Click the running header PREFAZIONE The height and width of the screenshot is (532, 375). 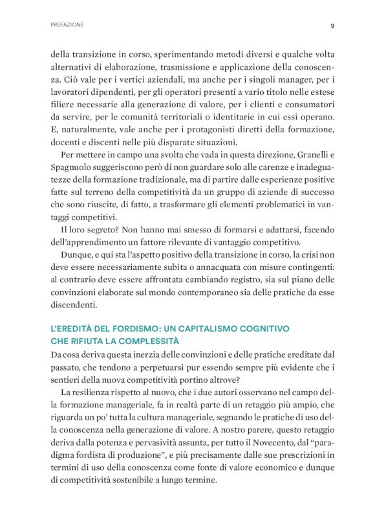[x=67, y=26]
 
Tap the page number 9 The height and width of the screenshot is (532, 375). [x=332, y=26]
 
